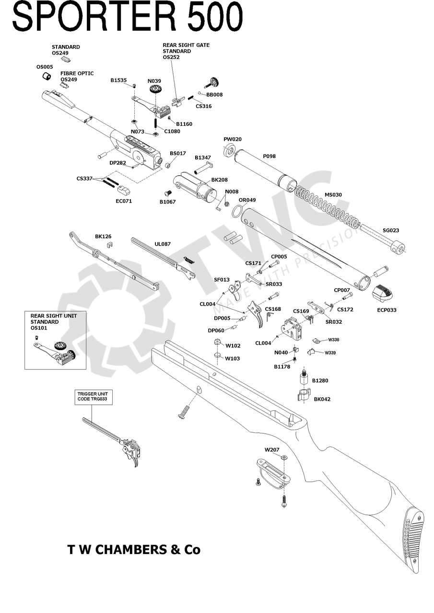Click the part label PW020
(x=233, y=139)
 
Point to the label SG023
(x=391, y=230)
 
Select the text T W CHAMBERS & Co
(x=134, y=550)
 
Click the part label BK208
(x=220, y=180)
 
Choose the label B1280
(x=320, y=381)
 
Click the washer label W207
(x=272, y=450)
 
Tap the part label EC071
(x=124, y=201)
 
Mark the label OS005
(x=45, y=67)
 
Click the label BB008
(x=214, y=95)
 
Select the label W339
(x=330, y=353)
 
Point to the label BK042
(x=322, y=399)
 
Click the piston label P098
(x=269, y=157)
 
